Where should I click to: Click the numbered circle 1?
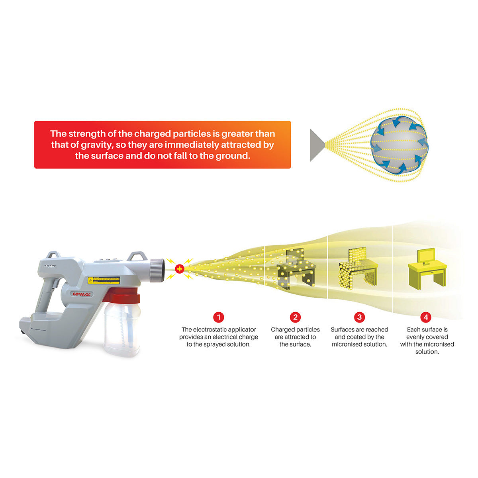click(218, 317)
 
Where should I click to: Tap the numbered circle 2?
click(295, 317)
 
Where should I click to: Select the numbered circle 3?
click(359, 317)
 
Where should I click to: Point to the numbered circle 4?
click(426, 317)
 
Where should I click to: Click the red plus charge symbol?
click(180, 269)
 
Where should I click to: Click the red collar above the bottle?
click(121, 296)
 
